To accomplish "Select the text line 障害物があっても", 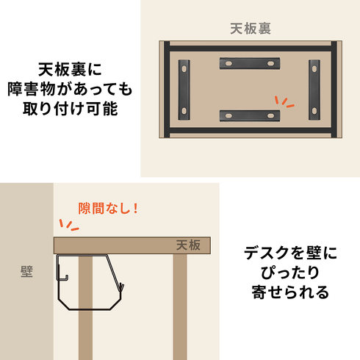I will pos(70,90).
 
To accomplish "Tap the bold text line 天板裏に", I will pos(70,68).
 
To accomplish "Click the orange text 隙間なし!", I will pos(108,208).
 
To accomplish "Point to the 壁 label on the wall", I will pos(26,271).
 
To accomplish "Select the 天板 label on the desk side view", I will pos(187,245).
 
